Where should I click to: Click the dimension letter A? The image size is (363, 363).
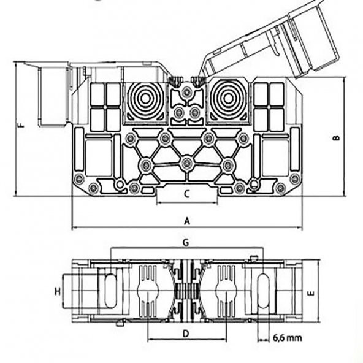click(187, 221)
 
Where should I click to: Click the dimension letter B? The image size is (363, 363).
click(336, 138)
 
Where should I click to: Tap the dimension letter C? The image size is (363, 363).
click(187, 194)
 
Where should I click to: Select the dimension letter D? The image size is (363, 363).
click(186, 334)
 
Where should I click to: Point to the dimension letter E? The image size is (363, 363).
click(311, 293)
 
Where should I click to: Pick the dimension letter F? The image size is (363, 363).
click(21, 125)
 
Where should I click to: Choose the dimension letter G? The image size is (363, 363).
click(186, 243)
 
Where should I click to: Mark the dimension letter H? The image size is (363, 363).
click(58, 291)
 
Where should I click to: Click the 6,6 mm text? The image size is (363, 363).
click(288, 338)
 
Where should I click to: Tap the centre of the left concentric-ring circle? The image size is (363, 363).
click(145, 99)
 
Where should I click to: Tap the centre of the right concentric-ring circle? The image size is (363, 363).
click(228, 99)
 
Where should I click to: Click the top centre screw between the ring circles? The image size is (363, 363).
click(187, 92)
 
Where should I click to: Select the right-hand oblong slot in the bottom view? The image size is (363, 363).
click(264, 291)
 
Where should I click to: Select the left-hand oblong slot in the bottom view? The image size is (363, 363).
click(110, 291)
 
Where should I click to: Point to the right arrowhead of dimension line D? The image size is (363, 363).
click(224, 340)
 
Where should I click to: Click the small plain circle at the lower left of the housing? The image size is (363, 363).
click(120, 185)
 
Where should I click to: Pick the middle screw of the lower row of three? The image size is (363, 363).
click(187, 163)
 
